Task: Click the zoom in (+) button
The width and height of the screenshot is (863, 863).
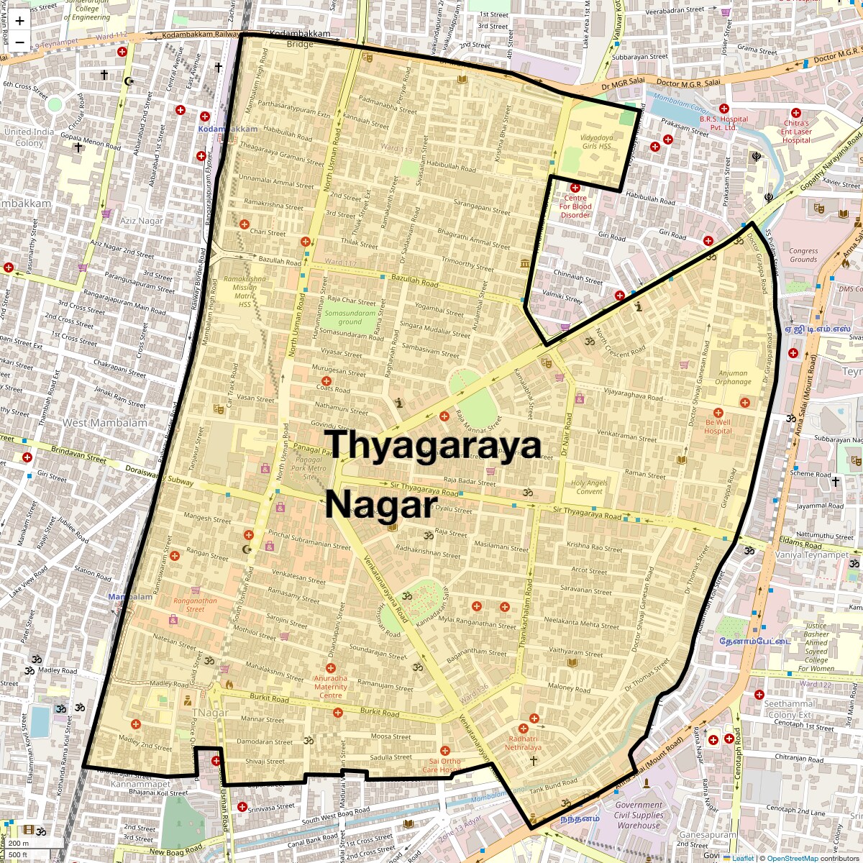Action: pos(19,20)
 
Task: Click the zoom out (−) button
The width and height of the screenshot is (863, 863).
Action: pos(19,42)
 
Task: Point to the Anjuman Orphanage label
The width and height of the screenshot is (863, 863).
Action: pos(733,378)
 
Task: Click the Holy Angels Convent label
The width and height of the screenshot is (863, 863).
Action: pos(589,487)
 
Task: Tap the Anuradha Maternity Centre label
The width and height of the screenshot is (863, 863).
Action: pos(330,687)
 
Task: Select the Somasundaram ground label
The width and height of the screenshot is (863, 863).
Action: pos(350,317)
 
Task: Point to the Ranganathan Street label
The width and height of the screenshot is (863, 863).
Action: pos(195,605)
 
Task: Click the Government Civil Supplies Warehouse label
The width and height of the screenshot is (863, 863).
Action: pos(639,815)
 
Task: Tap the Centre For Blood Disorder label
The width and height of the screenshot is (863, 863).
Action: pos(575,206)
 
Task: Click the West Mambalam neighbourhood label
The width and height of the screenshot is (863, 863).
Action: pos(105,423)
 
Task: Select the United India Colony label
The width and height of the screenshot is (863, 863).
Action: pos(29,137)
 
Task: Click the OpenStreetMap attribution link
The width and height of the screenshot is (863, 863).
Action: pos(792,858)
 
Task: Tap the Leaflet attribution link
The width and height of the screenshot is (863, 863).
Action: pos(742,858)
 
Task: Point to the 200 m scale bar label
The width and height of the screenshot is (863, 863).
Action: pos(19,844)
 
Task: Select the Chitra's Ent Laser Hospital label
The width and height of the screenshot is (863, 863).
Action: pos(796,132)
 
